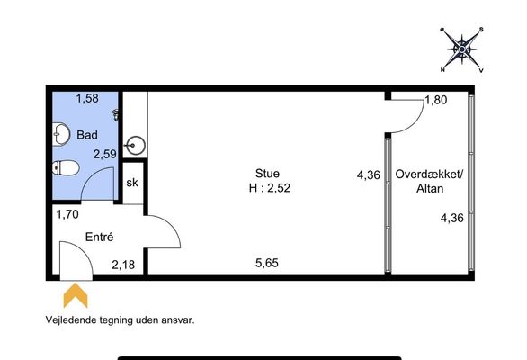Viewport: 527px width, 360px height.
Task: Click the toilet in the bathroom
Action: [x=66, y=167]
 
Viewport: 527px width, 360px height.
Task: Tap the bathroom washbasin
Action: [x=61, y=135]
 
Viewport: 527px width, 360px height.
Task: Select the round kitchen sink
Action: [x=135, y=146]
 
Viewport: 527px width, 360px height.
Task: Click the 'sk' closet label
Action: [x=132, y=183]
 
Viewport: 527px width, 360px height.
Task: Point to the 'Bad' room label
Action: [x=87, y=135]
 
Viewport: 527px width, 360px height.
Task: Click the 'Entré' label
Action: [x=99, y=237]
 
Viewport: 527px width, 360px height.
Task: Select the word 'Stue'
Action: [x=267, y=174]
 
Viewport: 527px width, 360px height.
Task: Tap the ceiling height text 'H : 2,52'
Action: [x=270, y=188]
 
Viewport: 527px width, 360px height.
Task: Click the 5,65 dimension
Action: [x=267, y=263]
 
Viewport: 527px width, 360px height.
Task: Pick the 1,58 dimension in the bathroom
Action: [x=87, y=99]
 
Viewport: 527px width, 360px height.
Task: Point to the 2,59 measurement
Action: [x=105, y=155]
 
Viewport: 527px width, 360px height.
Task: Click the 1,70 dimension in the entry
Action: [x=67, y=214]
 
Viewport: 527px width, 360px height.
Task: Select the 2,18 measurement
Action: [x=123, y=265]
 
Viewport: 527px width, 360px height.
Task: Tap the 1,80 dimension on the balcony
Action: [x=436, y=100]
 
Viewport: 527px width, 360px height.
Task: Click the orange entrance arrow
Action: [x=76, y=295]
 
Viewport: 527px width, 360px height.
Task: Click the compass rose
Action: [x=461, y=49]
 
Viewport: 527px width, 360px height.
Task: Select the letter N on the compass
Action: [x=442, y=70]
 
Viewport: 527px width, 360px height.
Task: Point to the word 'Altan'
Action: [x=430, y=188]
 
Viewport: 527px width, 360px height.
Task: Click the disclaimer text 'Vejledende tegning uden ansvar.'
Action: [x=120, y=319]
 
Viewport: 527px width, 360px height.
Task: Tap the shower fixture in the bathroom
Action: [x=116, y=114]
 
